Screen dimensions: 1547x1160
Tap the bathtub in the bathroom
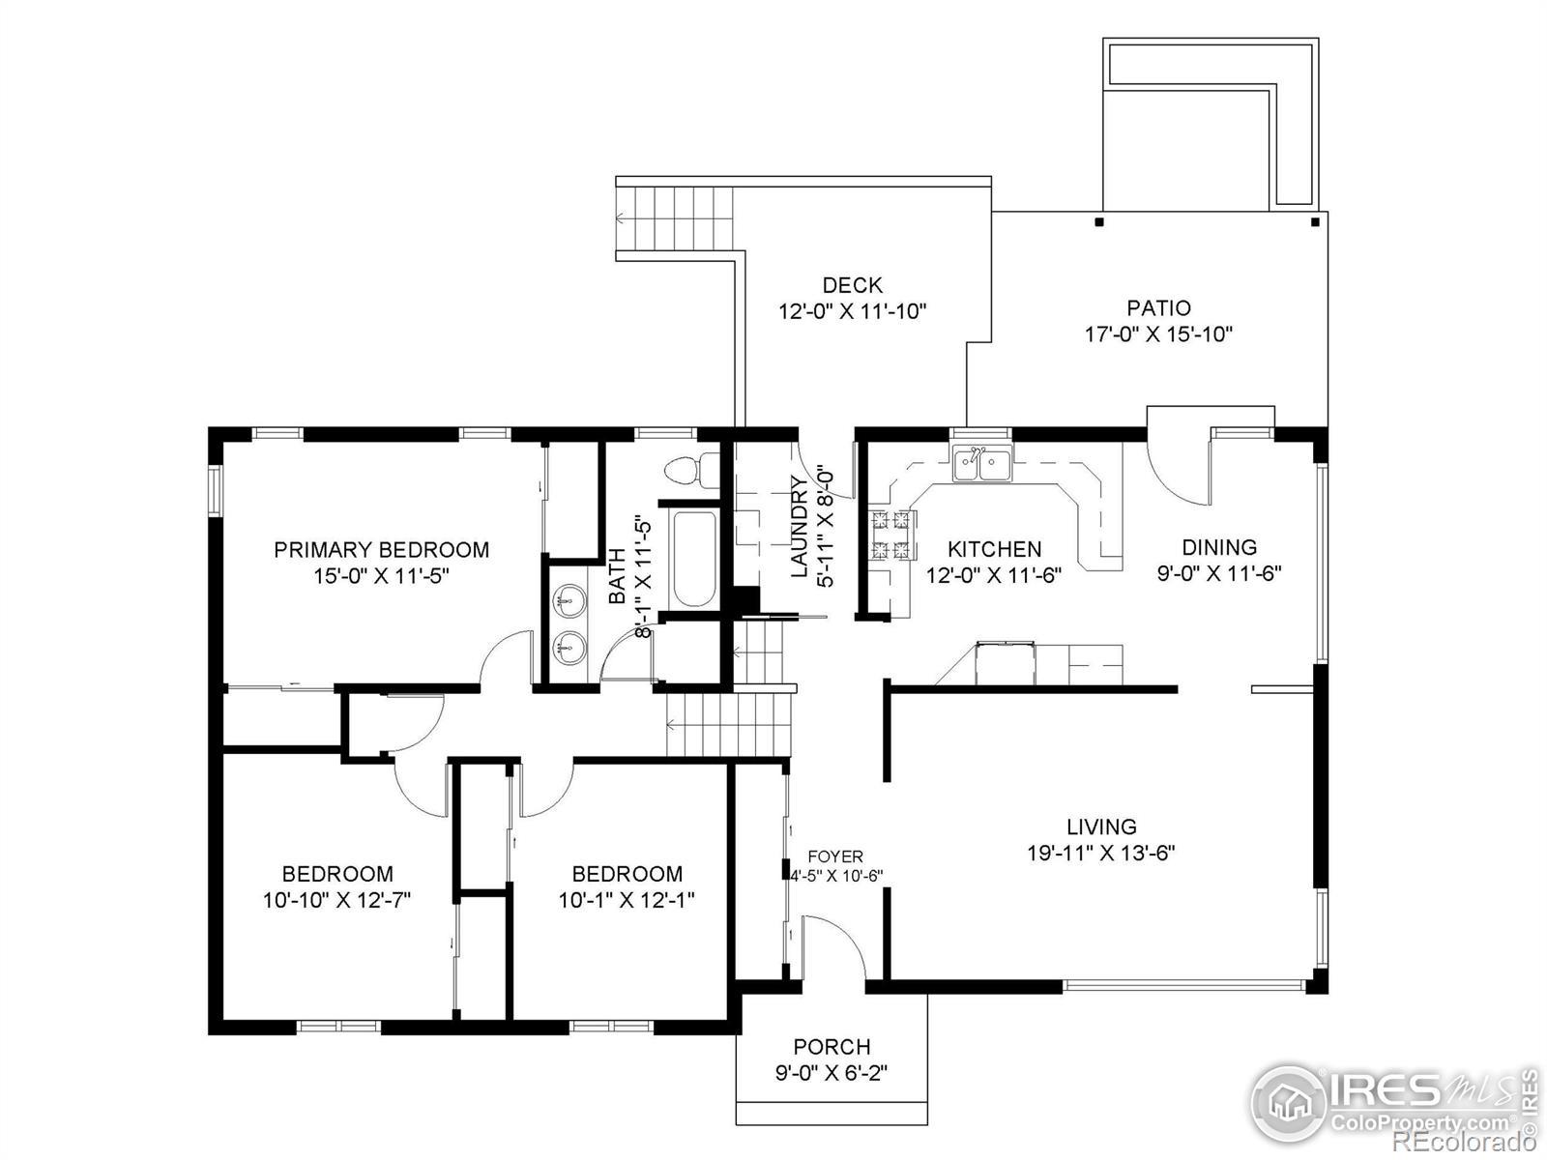pos(694,559)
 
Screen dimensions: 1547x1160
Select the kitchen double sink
pos(981,463)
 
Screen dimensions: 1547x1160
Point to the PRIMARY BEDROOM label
pos(381,549)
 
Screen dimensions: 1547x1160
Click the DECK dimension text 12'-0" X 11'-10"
pos(852,311)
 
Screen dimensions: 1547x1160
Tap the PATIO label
pos(1158,307)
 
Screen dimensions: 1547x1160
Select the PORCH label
pos(832,1047)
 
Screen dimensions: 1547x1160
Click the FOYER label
pos(835,856)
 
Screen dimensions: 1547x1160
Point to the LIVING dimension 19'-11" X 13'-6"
pos(1101,853)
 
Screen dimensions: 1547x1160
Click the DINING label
pos(1219,547)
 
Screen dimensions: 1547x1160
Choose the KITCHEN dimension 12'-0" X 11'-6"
pos(994,575)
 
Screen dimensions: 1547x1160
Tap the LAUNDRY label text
pos(800,527)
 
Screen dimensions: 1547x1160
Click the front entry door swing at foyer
pos(834,946)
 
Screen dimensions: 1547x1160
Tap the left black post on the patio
pos(1098,222)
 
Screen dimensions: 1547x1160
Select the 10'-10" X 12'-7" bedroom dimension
pos(336,900)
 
